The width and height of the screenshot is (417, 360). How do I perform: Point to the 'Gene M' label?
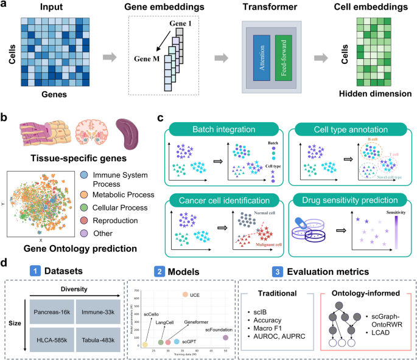[x=147, y=60]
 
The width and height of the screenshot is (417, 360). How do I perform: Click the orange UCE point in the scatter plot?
[x=185, y=294]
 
